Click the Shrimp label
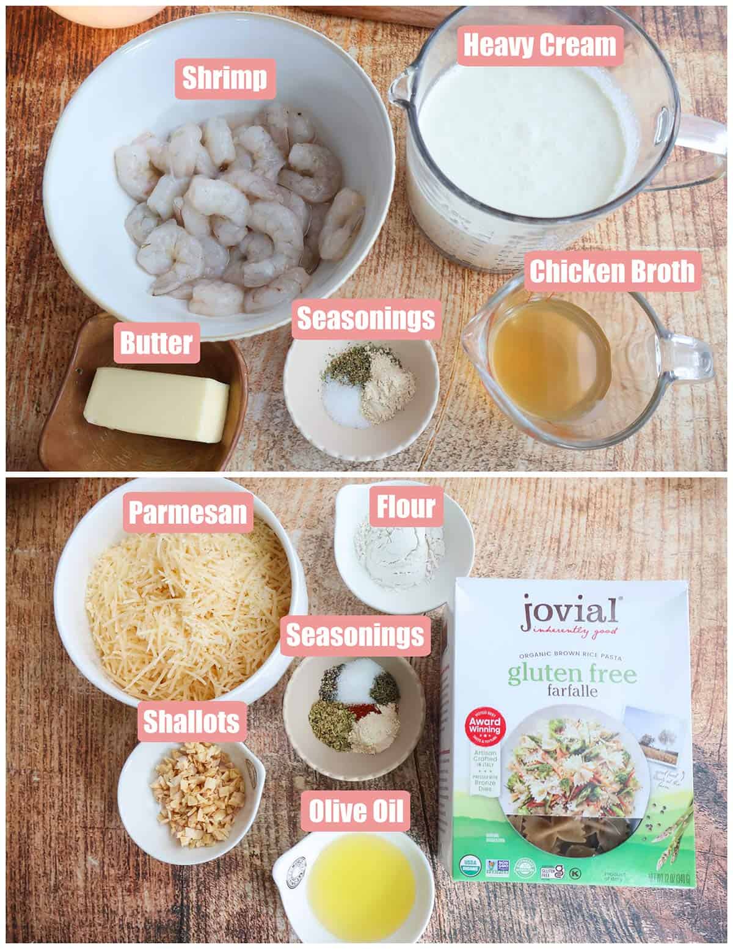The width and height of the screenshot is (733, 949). click(225, 78)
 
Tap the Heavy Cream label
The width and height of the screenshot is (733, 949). click(540, 46)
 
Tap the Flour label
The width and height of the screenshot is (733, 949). click(406, 506)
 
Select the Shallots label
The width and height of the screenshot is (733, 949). click(191, 722)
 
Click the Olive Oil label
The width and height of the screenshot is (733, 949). click(356, 812)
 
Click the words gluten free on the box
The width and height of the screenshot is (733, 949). click(572, 675)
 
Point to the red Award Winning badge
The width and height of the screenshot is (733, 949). click(485, 728)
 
